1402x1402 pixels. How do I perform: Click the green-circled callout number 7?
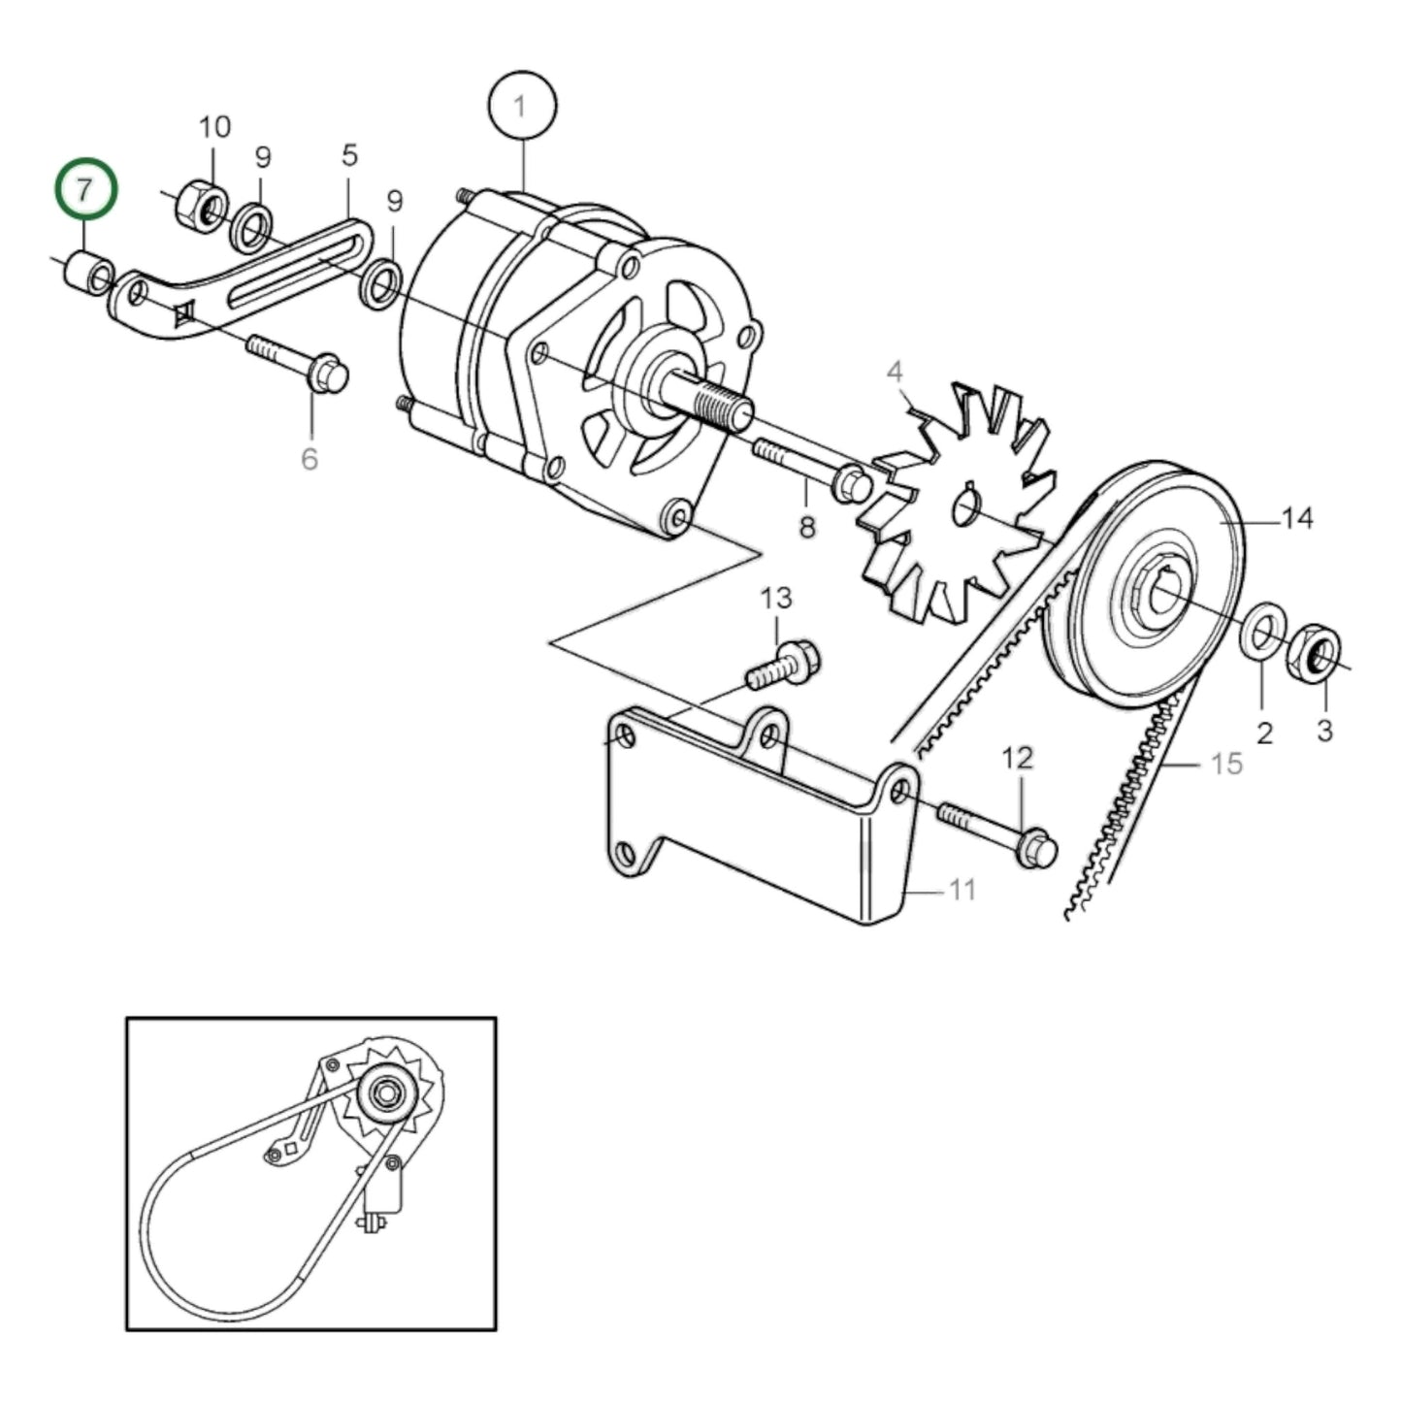pyautogui.click(x=85, y=190)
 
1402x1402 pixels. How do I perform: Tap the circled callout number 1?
pyautogui.click(x=523, y=106)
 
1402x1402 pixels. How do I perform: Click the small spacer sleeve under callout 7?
pyautogui.click(x=87, y=274)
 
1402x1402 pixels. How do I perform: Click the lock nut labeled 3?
pyautogui.click(x=1314, y=653)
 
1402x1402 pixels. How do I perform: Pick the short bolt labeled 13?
pyautogui.click(x=784, y=666)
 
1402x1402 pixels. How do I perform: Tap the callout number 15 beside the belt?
pyautogui.click(x=1226, y=764)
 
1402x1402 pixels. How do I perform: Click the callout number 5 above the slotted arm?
pyautogui.click(x=349, y=155)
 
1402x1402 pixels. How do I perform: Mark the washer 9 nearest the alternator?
pyautogui.click(x=379, y=283)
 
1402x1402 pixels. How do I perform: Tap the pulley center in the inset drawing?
pyautogui.click(x=387, y=1093)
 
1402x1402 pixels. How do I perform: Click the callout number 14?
pyautogui.click(x=1297, y=519)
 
